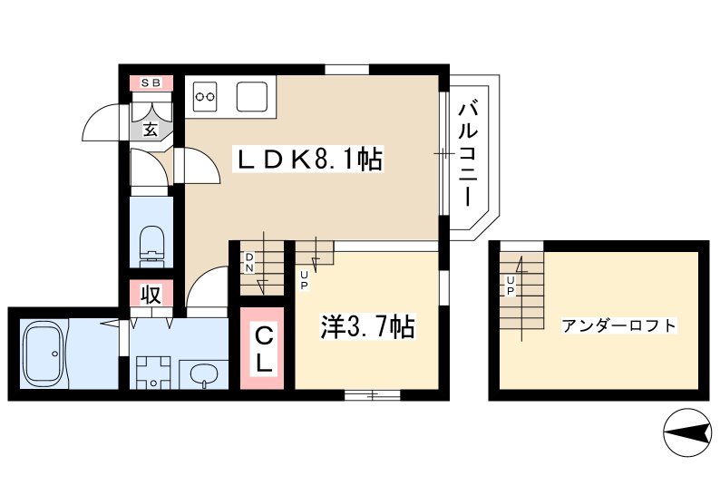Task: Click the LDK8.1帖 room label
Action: pos(307,160)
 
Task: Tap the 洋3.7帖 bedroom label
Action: pos(366,326)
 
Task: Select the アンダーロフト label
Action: pos(618,325)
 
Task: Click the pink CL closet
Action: pos(263,349)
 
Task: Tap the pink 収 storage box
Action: pos(151,294)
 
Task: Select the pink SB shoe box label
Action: pos(151,83)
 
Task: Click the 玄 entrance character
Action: pos(151,129)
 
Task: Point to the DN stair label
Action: pos(249,262)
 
